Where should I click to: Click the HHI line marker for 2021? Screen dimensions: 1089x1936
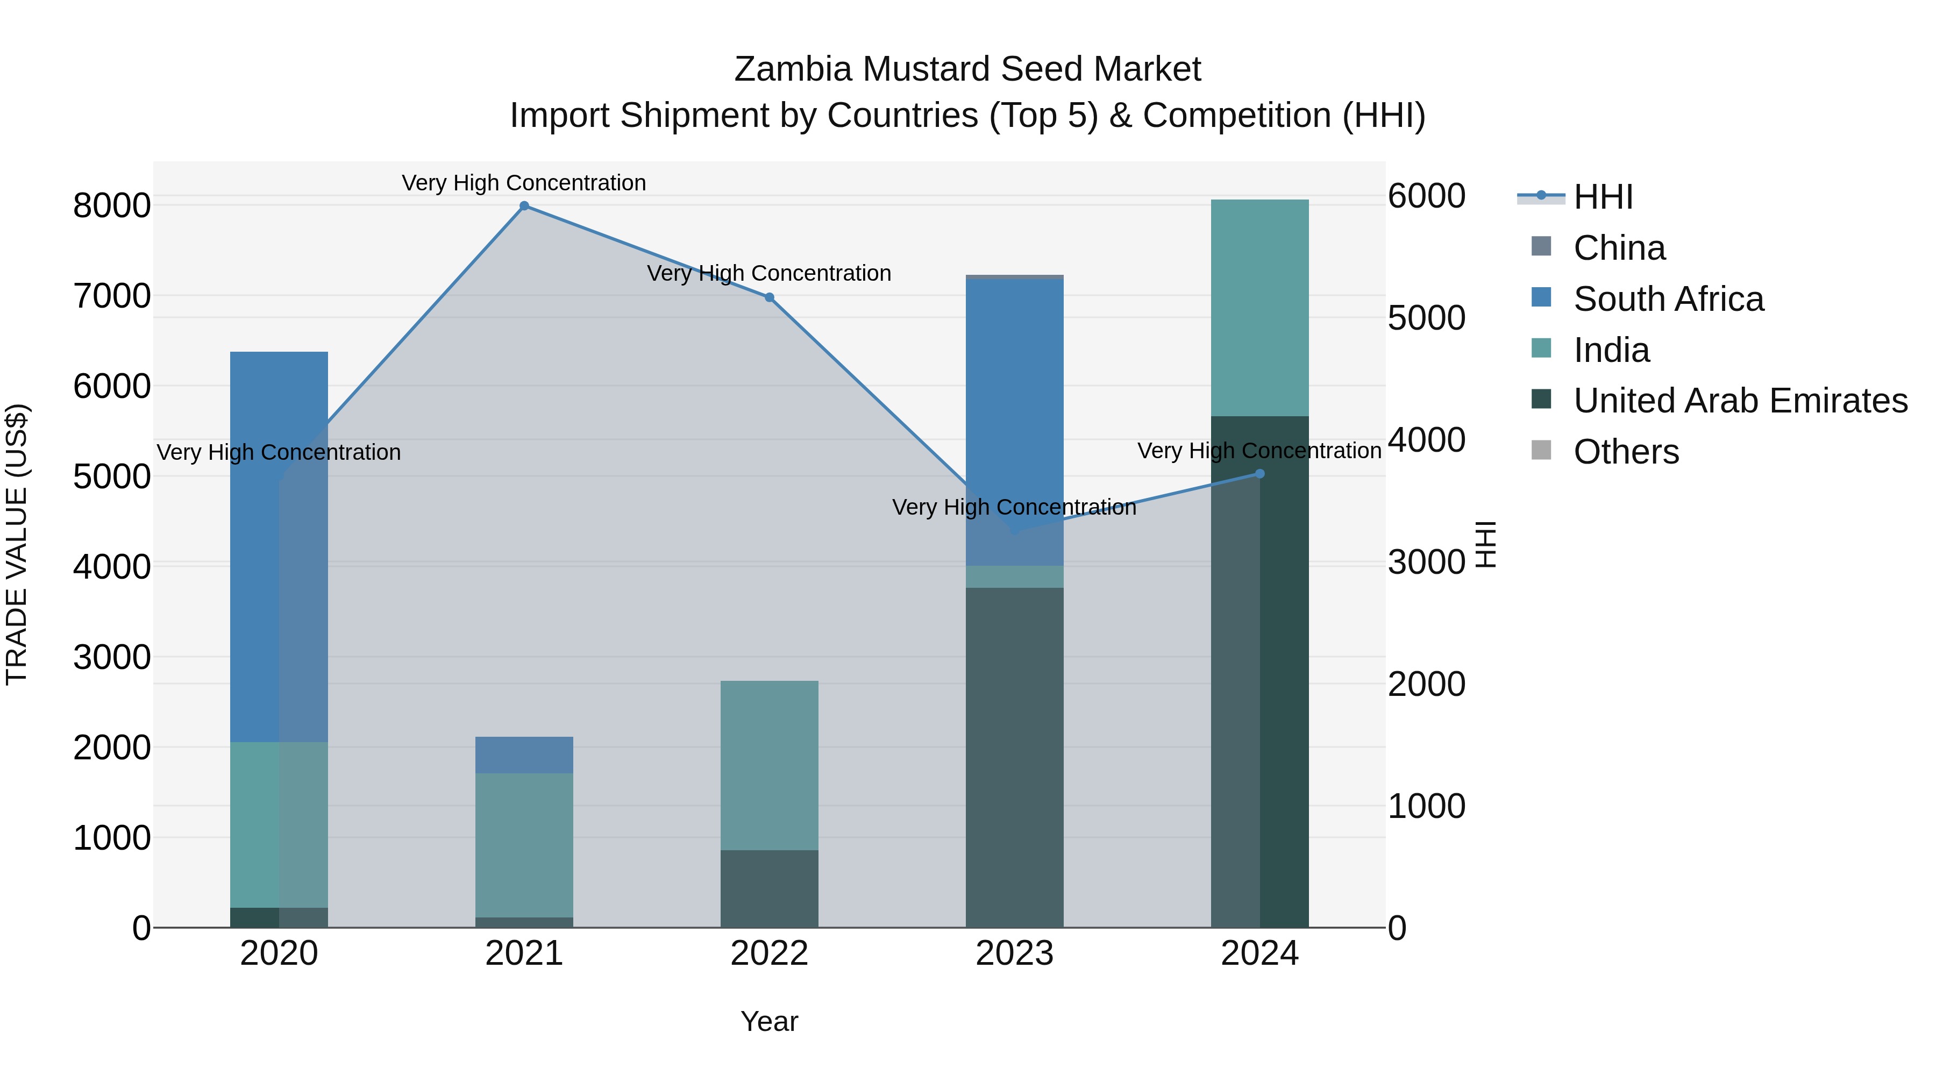[524, 206]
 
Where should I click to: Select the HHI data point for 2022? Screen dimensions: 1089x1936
[769, 297]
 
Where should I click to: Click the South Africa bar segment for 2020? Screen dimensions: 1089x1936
[279, 546]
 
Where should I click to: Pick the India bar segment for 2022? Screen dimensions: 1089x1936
[769, 765]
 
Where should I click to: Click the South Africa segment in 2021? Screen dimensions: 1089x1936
[524, 755]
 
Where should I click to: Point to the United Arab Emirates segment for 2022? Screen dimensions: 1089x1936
[769, 888]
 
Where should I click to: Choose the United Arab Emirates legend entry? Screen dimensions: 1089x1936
[1739, 401]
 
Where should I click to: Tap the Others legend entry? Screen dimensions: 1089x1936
[1626, 452]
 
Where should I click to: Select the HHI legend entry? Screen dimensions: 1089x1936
[1603, 197]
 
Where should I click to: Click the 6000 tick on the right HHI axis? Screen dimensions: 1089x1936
[1426, 196]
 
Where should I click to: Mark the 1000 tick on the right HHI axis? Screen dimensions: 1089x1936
[1426, 807]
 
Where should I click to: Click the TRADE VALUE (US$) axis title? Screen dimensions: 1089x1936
[17, 544]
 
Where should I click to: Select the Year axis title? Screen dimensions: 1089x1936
[769, 1021]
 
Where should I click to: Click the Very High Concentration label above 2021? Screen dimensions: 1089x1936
[524, 183]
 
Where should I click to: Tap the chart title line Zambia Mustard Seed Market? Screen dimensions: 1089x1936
[967, 69]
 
